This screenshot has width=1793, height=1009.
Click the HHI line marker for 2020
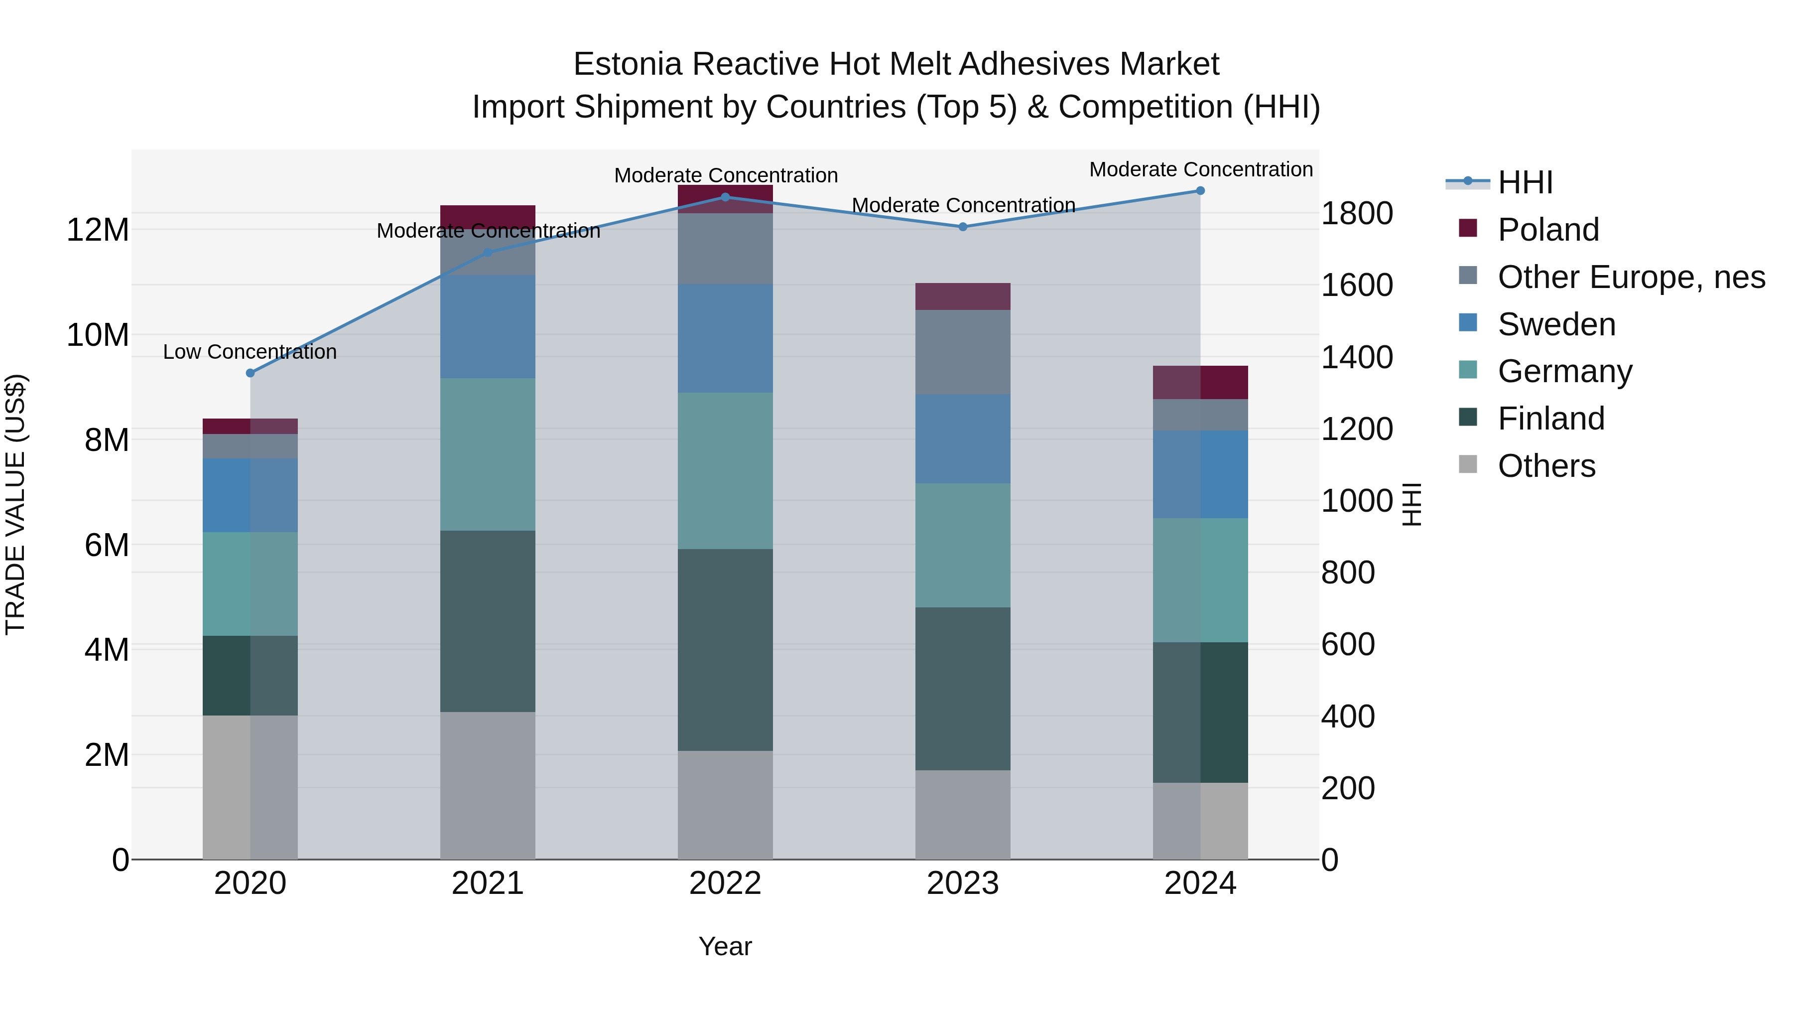coord(251,373)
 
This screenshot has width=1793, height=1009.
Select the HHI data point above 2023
coord(963,227)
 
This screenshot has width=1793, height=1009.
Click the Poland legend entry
coord(1548,230)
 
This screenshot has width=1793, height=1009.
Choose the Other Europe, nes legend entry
coord(1631,277)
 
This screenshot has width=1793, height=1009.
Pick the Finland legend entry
coord(1551,419)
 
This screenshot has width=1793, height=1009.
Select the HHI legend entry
coord(1525,182)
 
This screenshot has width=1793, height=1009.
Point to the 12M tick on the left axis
coord(98,230)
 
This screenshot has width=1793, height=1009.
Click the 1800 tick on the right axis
coord(1357,213)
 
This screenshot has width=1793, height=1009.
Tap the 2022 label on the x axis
coord(725,883)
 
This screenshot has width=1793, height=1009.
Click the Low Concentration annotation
coord(250,352)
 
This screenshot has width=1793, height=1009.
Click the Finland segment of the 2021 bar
coord(488,621)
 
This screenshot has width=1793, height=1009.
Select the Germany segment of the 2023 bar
coord(963,545)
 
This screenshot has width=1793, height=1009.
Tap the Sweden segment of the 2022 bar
coord(725,338)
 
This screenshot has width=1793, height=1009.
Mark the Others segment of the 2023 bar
coord(963,815)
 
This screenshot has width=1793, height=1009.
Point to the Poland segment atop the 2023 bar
coord(963,296)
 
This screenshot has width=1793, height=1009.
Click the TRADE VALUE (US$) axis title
coord(15,504)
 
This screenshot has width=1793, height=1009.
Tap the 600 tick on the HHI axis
coord(1348,644)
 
